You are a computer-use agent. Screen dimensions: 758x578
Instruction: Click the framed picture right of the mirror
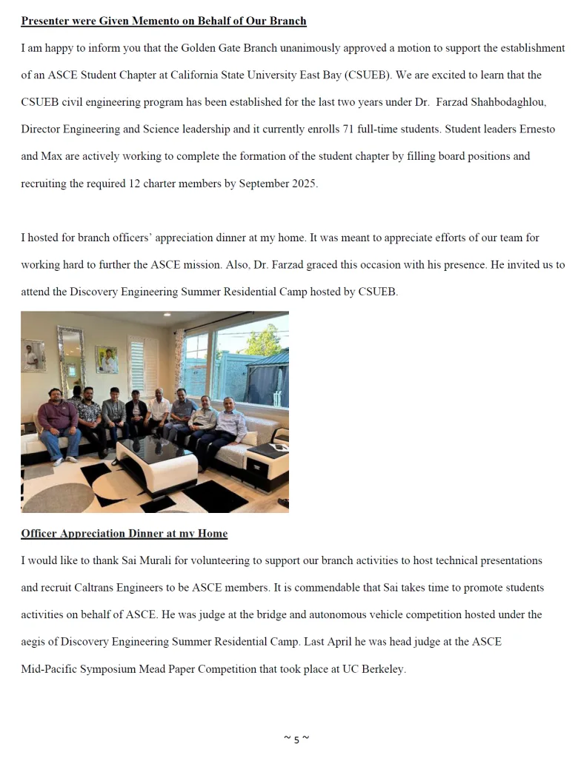pyautogui.click(x=106, y=359)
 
